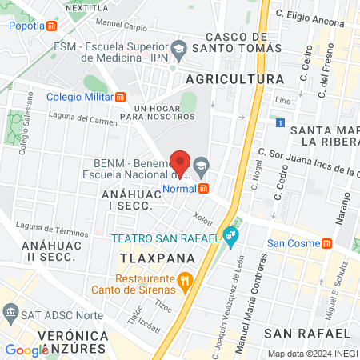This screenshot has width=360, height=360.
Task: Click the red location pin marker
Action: (x=181, y=162)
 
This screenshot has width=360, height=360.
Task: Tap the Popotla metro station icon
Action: (x=52, y=25)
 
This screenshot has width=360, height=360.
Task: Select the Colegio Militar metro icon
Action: (x=120, y=98)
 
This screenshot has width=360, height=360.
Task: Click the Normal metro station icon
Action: (x=204, y=189)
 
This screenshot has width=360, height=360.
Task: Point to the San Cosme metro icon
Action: (x=326, y=243)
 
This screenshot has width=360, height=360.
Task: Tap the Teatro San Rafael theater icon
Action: (x=231, y=236)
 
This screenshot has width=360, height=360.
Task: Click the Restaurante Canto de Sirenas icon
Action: (x=185, y=281)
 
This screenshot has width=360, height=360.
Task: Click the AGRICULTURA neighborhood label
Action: (x=234, y=79)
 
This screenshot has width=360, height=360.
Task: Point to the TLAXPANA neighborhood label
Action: (x=147, y=260)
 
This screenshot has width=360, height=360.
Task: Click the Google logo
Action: (x=26, y=350)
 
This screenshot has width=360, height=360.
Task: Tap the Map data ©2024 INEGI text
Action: (x=311, y=354)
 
